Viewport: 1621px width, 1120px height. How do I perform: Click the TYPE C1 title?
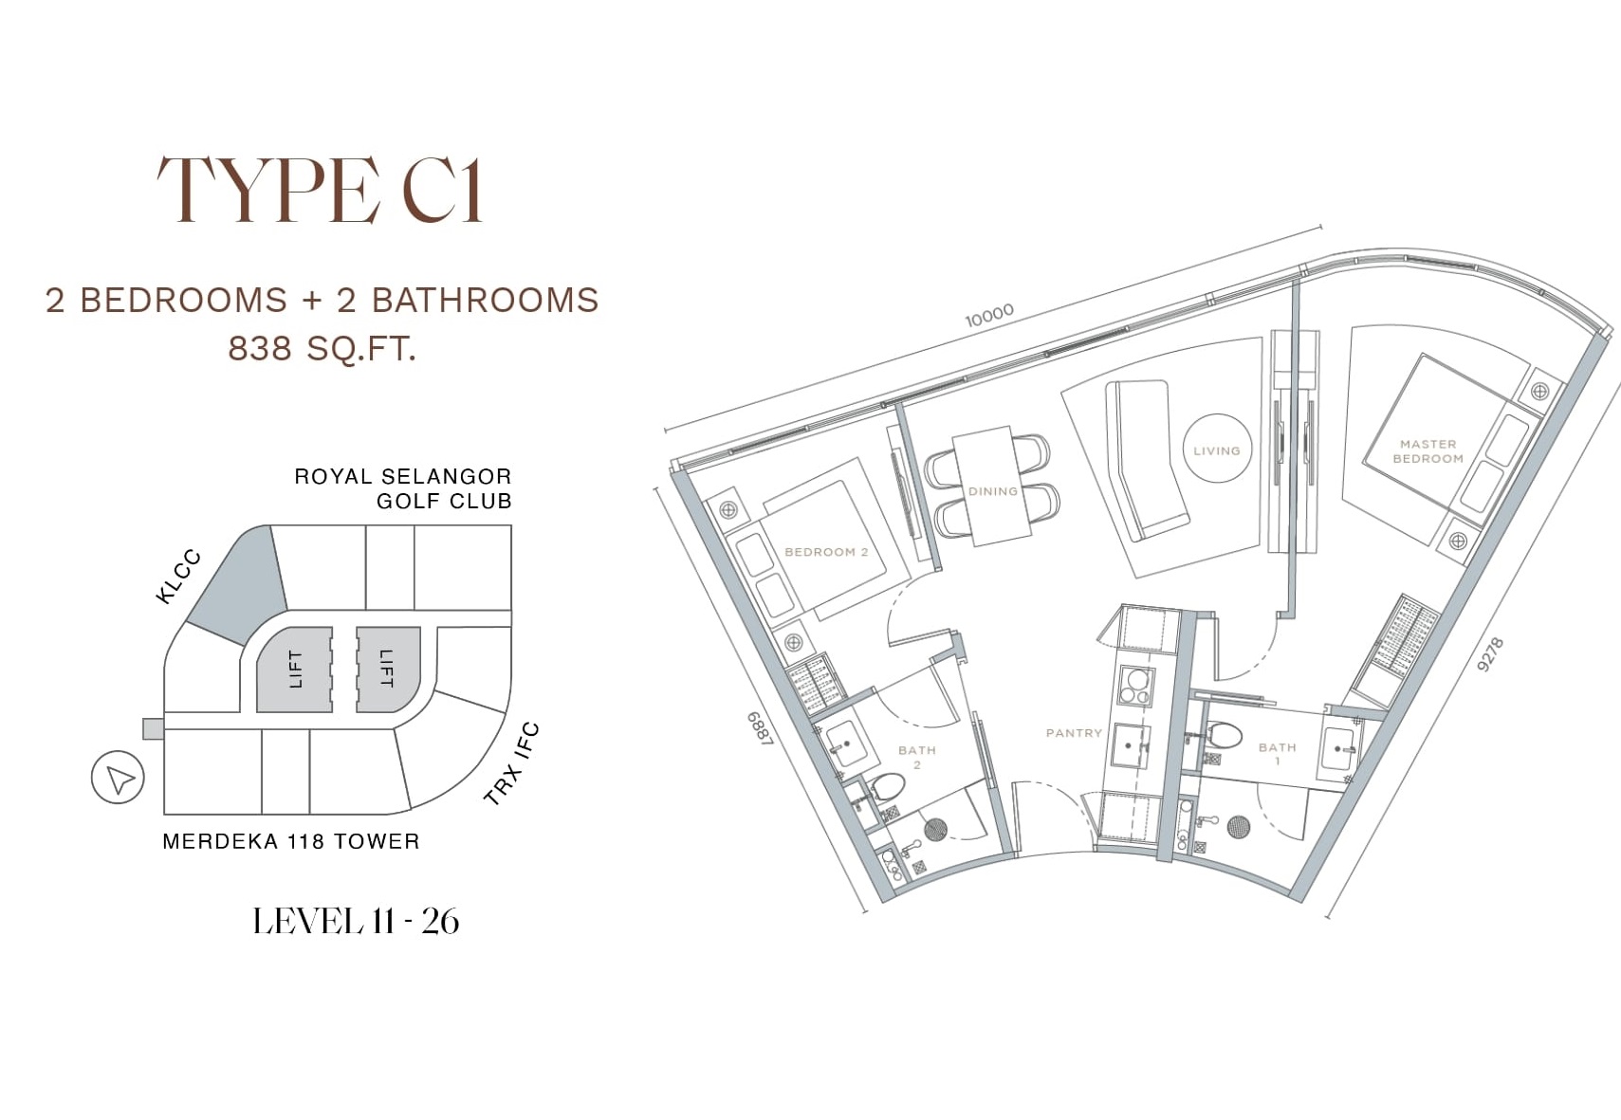pyautogui.click(x=321, y=191)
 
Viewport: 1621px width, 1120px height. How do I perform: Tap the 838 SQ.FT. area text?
pyautogui.click(x=322, y=348)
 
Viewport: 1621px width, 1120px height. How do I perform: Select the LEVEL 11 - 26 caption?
pyautogui.click(x=356, y=921)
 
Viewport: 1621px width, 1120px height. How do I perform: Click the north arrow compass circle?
pyautogui.click(x=118, y=778)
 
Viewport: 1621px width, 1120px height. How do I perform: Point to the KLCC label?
pyautogui.click(x=178, y=577)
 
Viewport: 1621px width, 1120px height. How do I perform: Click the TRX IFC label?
pyautogui.click(x=511, y=764)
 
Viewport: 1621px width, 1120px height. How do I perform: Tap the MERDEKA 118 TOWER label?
pyautogui.click(x=291, y=841)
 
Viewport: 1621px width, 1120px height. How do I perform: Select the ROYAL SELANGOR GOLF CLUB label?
pyautogui.click(x=403, y=488)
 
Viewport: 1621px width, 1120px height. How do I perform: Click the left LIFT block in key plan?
pyautogui.click(x=295, y=670)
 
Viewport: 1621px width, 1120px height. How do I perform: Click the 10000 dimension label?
pyautogui.click(x=989, y=316)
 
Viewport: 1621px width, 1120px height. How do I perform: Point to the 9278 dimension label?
pyautogui.click(x=1490, y=654)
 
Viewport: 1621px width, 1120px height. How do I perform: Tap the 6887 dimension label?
pyautogui.click(x=761, y=728)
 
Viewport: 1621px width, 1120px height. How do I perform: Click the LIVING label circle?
pyautogui.click(x=1217, y=449)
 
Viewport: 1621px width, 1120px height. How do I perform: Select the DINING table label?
pyautogui.click(x=993, y=491)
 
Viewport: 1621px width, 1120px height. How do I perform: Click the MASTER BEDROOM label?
pyautogui.click(x=1428, y=451)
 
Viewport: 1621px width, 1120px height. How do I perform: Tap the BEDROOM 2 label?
pyautogui.click(x=826, y=552)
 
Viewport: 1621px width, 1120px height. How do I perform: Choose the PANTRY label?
pyautogui.click(x=1074, y=733)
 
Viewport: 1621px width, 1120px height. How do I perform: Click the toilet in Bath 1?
pyautogui.click(x=1223, y=735)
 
